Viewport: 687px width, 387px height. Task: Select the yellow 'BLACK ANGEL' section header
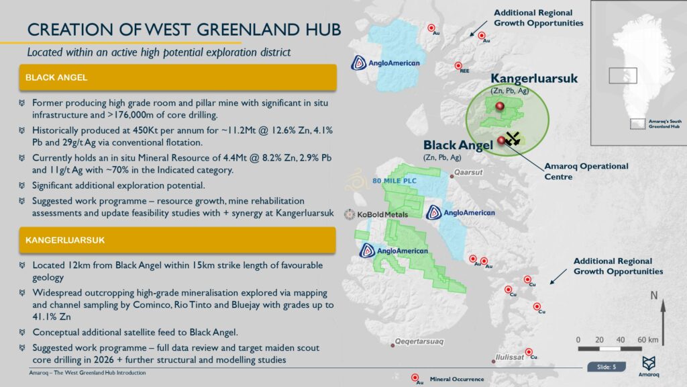(178, 78)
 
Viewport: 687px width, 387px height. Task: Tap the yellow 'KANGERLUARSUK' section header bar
(178, 240)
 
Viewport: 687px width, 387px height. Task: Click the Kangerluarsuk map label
(534, 79)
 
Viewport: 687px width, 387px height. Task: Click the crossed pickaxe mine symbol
(513, 138)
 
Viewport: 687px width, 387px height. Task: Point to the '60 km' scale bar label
(647, 339)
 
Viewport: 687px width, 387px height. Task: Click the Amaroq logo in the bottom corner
(649, 363)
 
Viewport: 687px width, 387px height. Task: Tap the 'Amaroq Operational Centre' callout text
(586, 171)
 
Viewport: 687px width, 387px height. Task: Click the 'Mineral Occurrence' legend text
(456, 380)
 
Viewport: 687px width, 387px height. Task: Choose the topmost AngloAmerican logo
(386, 63)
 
